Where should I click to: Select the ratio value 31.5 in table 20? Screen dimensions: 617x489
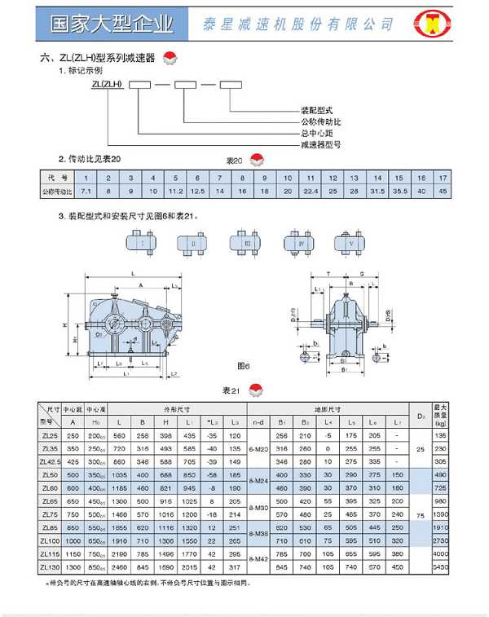pos(377,191)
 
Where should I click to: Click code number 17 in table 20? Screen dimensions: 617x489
pos(443,178)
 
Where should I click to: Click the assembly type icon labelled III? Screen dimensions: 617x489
pos(246,243)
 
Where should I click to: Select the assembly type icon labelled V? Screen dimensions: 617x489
pos(350,243)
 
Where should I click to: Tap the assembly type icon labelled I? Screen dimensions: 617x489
pos(142,243)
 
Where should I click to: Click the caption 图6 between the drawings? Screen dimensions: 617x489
pos(244,366)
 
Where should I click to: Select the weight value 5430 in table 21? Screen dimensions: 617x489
pos(464,566)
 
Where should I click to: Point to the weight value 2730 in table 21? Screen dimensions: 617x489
pos(464,540)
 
